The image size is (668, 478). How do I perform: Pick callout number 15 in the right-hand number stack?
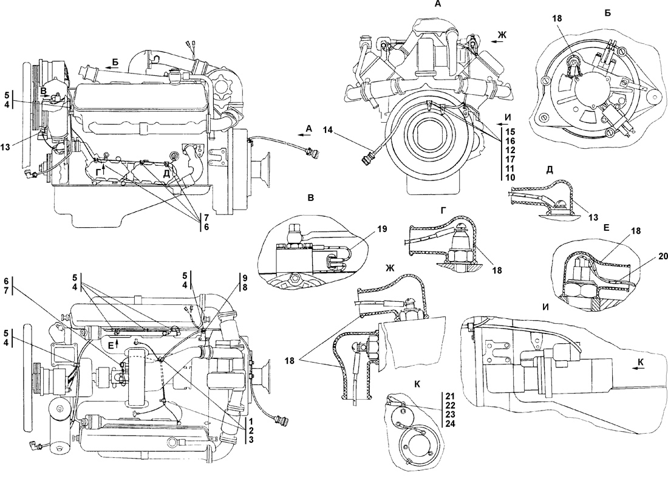510,131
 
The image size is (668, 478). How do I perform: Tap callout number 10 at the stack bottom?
510,177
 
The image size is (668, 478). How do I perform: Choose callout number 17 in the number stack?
510,159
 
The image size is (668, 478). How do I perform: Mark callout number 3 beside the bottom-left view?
251,439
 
